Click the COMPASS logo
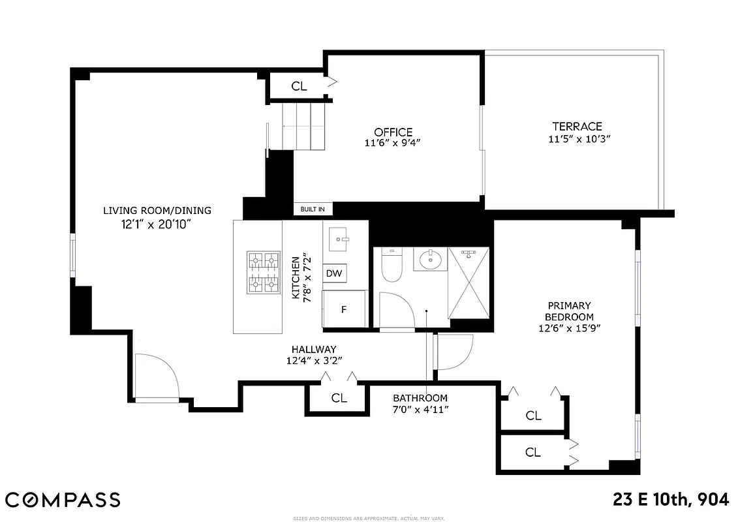click(63, 500)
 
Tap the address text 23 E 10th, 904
click(671, 500)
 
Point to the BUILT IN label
click(313, 209)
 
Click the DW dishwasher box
click(334, 273)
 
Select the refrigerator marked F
click(344, 309)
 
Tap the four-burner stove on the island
click(263, 272)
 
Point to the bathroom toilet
click(392, 266)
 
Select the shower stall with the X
click(469, 282)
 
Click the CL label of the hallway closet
click(339, 398)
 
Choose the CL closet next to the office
click(299, 86)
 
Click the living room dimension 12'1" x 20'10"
click(157, 224)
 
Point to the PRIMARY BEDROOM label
click(569, 311)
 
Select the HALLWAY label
click(314, 350)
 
